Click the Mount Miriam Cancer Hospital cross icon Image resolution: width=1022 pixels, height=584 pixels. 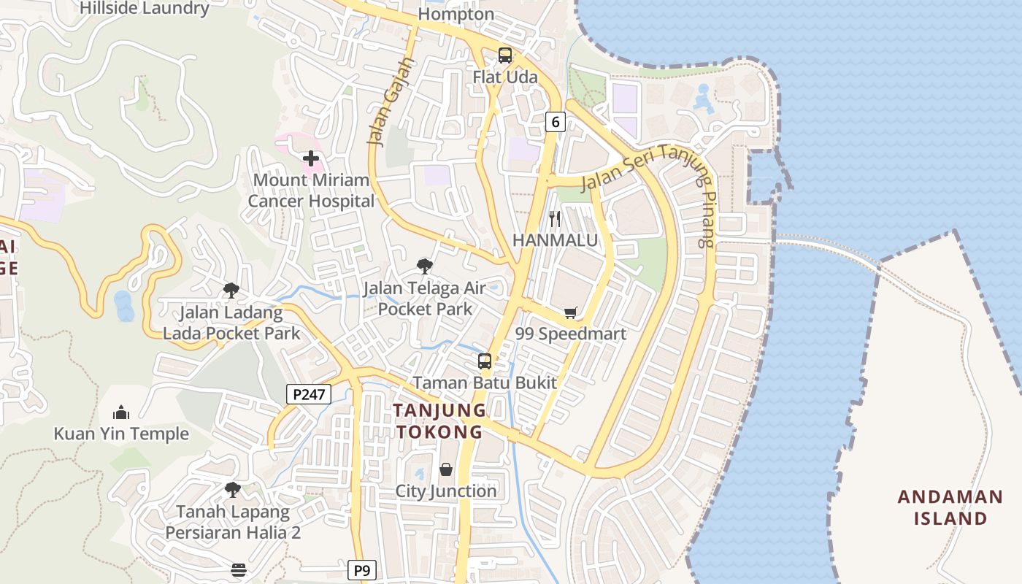point(311,158)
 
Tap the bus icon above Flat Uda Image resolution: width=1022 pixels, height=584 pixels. point(504,55)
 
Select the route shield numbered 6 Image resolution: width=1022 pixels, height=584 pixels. point(556,122)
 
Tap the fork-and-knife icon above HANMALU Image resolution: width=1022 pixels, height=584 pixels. point(555,218)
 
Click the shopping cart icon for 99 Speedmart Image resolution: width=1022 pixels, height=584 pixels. point(571,312)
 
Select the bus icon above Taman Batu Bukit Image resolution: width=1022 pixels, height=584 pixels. point(485,361)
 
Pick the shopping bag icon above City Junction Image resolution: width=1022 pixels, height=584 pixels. point(446,469)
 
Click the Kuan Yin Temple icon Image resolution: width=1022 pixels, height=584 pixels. point(121,412)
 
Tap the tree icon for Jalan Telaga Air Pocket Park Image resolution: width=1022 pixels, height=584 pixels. point(424,266)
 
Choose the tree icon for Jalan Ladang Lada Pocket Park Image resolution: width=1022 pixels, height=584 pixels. point(231,291)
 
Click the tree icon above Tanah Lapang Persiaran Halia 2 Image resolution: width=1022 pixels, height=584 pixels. point(232,489)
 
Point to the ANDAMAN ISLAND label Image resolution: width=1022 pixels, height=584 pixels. point(950,507)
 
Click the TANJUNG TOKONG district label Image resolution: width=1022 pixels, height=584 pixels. point(439,420)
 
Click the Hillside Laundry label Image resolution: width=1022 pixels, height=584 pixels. point(145,9)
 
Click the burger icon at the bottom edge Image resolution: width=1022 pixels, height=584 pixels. point(239,569)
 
